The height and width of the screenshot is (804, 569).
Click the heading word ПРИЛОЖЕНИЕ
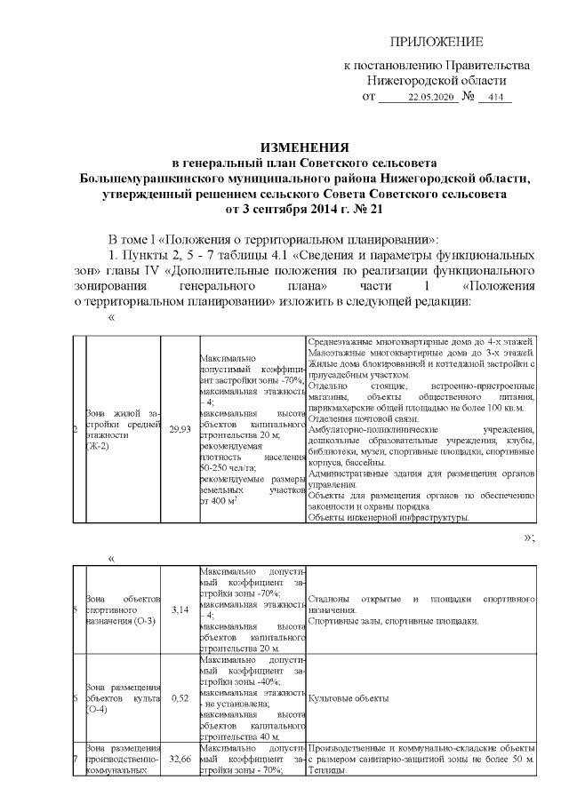(439, 43)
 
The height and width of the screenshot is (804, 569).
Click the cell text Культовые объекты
(349, 699)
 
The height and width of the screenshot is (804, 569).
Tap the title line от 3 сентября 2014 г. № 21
(305, 209)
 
